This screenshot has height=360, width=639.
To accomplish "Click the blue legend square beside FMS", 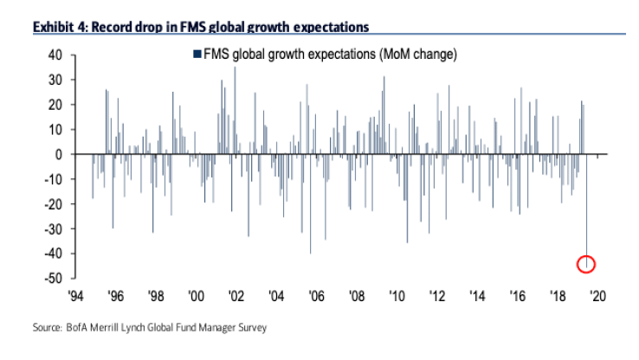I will pos(195,55).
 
